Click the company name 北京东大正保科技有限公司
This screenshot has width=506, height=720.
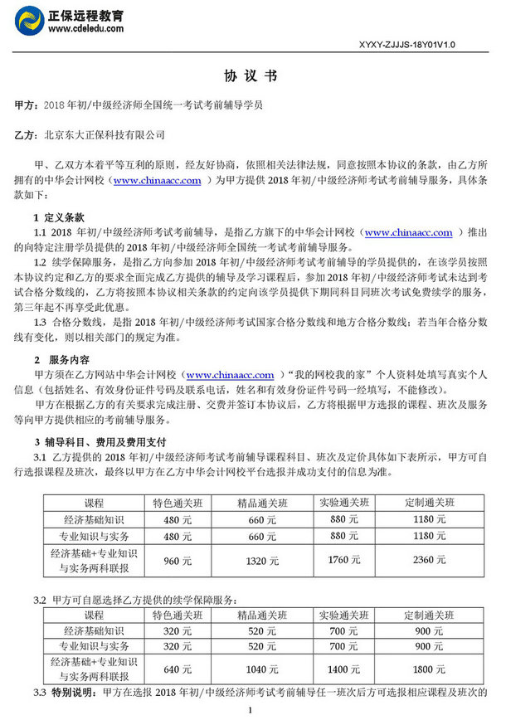(104, 134)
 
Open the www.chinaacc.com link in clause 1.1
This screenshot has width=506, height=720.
(408, 233)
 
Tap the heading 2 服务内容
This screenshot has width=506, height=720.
(62, 360)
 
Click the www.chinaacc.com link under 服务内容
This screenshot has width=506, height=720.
(230, 375)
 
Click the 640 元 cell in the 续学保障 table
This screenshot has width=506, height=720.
(172, 667)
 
